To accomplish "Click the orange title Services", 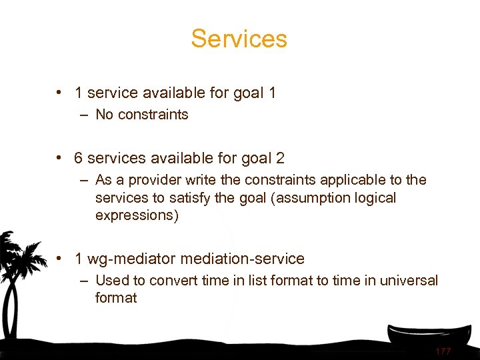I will tap(239, 39).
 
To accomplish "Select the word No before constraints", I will tap(104, 115).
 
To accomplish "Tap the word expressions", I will tap(137, 216).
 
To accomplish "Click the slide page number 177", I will tap(443, 351).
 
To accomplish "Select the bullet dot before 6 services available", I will tap(60, 159).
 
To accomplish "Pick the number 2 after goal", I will tap(280, 159).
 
